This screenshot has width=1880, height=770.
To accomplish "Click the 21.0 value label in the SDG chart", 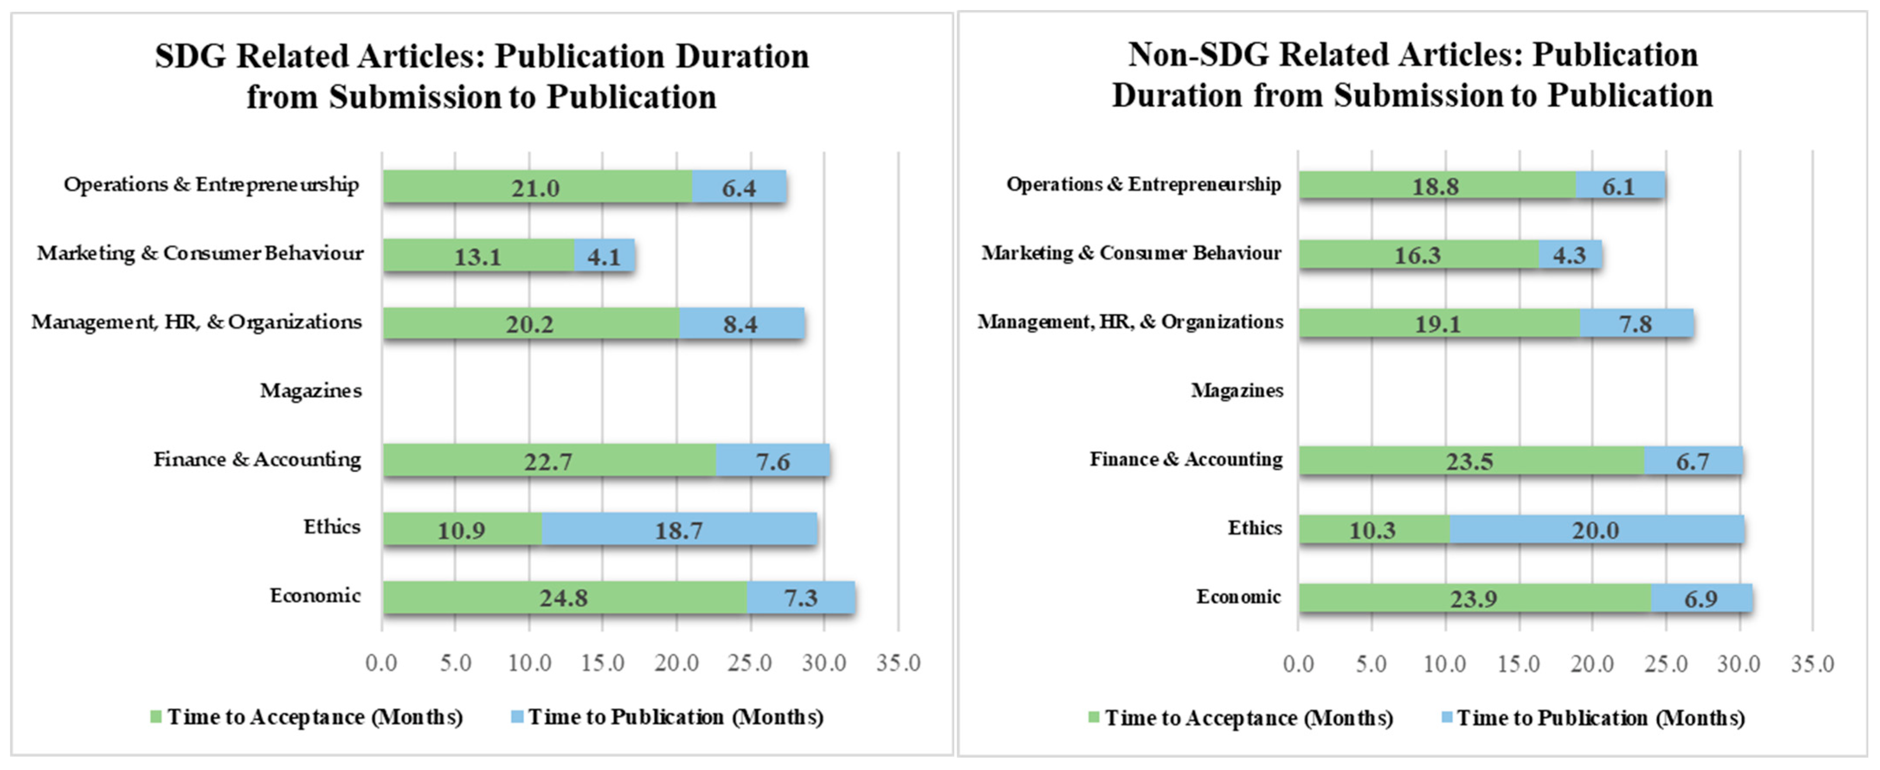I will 535,188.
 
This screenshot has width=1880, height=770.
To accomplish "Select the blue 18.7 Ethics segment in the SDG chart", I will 679,529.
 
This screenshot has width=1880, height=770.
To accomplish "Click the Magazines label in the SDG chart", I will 311,391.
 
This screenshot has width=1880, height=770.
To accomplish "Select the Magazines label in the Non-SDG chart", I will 1237,391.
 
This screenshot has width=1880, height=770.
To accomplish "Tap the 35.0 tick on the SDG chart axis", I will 898,663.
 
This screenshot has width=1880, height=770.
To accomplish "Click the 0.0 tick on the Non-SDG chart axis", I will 1298,664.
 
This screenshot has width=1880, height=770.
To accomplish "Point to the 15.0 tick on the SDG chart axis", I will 602,663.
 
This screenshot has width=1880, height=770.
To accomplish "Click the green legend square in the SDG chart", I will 155,717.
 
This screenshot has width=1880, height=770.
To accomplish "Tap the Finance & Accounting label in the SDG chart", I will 257,459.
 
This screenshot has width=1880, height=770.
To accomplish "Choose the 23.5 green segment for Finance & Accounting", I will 1470,461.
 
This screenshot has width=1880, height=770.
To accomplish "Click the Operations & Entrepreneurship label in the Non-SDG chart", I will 1144,184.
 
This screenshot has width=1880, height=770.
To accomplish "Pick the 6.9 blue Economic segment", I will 1700,599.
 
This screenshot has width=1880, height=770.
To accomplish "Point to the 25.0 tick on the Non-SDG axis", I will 1666,664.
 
